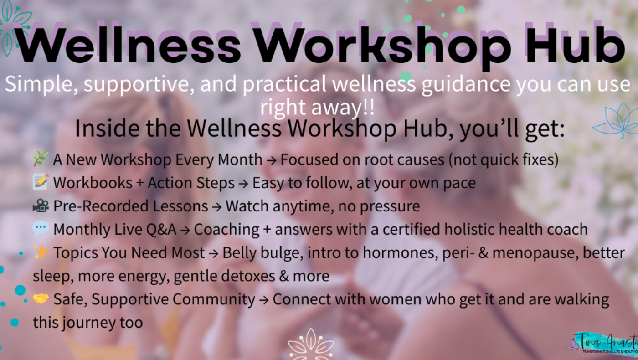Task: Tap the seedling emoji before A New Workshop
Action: [40, 159]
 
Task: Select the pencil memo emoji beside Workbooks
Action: [41, 182]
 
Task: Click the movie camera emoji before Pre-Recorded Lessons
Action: [41, 206]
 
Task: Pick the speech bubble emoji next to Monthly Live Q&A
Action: [41, 228]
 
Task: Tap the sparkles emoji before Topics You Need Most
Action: [41, 252]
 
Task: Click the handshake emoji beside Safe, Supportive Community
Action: [41, 298]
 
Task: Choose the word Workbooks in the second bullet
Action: [93, 183]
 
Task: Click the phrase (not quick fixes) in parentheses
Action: [503, 160]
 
